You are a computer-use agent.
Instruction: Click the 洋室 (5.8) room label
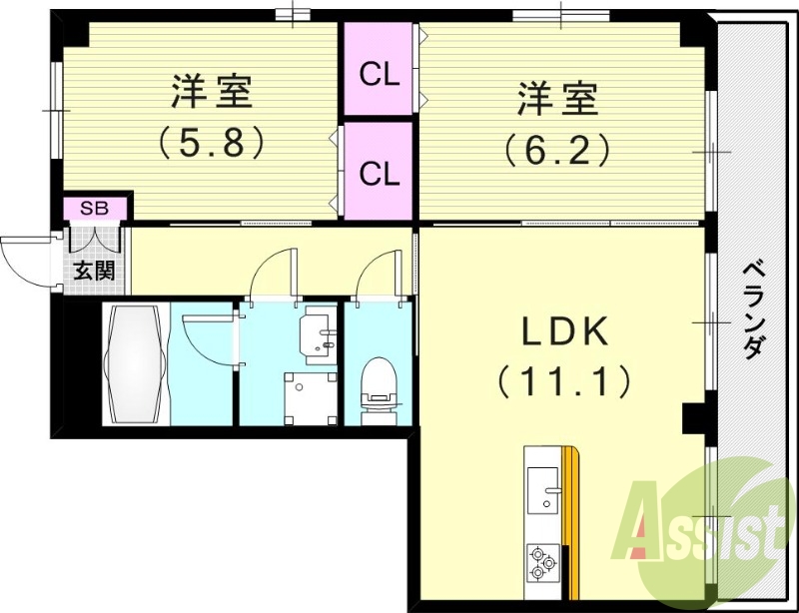pos(211,115)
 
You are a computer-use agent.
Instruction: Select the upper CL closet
pos(380,72)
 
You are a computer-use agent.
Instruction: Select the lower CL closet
pos(380,173)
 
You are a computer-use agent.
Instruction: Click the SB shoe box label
pos(95,209)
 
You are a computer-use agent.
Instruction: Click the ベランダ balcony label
pos(754,309)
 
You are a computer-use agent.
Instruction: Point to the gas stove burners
pos(542,561)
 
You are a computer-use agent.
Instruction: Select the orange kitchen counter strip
pos(571,519)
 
